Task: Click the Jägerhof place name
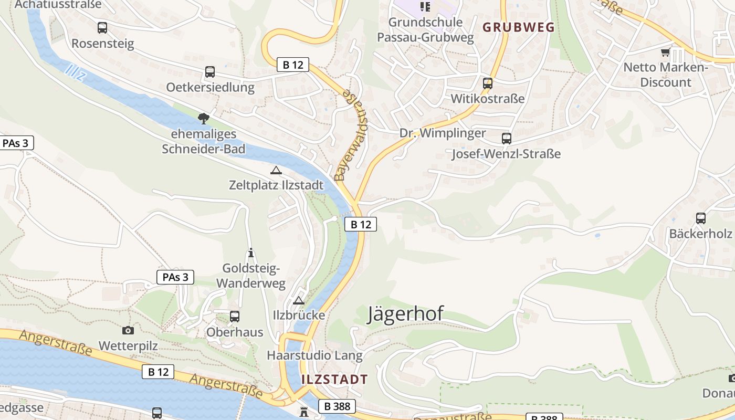405,314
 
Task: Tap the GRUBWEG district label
519,27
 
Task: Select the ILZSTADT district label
334,379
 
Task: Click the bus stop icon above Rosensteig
102,28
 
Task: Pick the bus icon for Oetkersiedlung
210,72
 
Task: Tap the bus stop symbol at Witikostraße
488,83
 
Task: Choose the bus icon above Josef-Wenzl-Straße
507,139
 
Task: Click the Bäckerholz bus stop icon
700,218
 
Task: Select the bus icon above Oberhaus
235,317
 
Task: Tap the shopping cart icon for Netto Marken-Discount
666,52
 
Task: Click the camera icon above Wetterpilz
128,330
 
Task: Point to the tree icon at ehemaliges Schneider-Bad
203,119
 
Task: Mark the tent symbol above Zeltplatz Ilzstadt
276,170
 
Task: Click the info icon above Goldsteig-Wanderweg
251,253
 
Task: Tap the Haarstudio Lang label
314,355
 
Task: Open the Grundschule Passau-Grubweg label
425,30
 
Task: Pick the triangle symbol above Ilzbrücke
299,300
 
